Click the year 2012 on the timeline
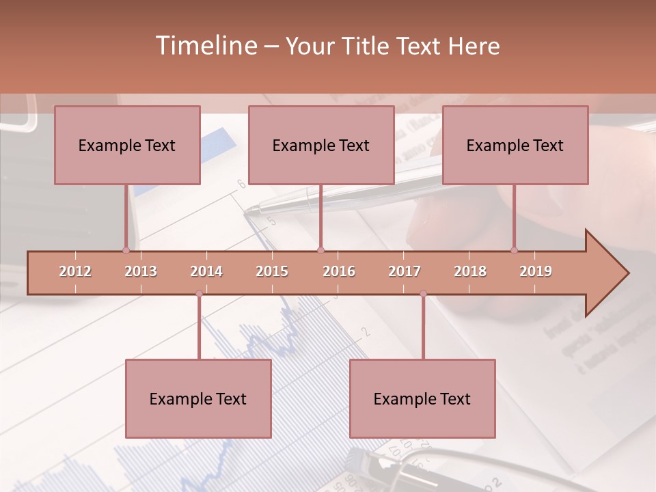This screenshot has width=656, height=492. [75, 271]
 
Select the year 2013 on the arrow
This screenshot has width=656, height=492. [141, 271]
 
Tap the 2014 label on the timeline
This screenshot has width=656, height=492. [206, 271]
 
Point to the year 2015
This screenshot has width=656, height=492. [272, 271]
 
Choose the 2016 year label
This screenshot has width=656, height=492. [339, 271]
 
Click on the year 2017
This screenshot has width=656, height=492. [405, 271]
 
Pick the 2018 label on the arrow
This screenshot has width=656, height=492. [470, 271]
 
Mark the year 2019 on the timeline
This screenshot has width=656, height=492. [536, 271]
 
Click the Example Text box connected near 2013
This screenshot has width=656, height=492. [127, 145]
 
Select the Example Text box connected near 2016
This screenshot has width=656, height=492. [321, 145]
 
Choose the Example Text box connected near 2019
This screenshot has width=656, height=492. [515, 145]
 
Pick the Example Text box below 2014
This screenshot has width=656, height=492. [198, 398]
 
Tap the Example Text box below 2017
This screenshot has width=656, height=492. [422, 398]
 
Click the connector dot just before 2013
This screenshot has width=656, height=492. [126, 250]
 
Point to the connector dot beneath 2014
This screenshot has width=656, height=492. [199, 294]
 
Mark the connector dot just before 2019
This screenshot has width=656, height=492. [514, 250]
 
